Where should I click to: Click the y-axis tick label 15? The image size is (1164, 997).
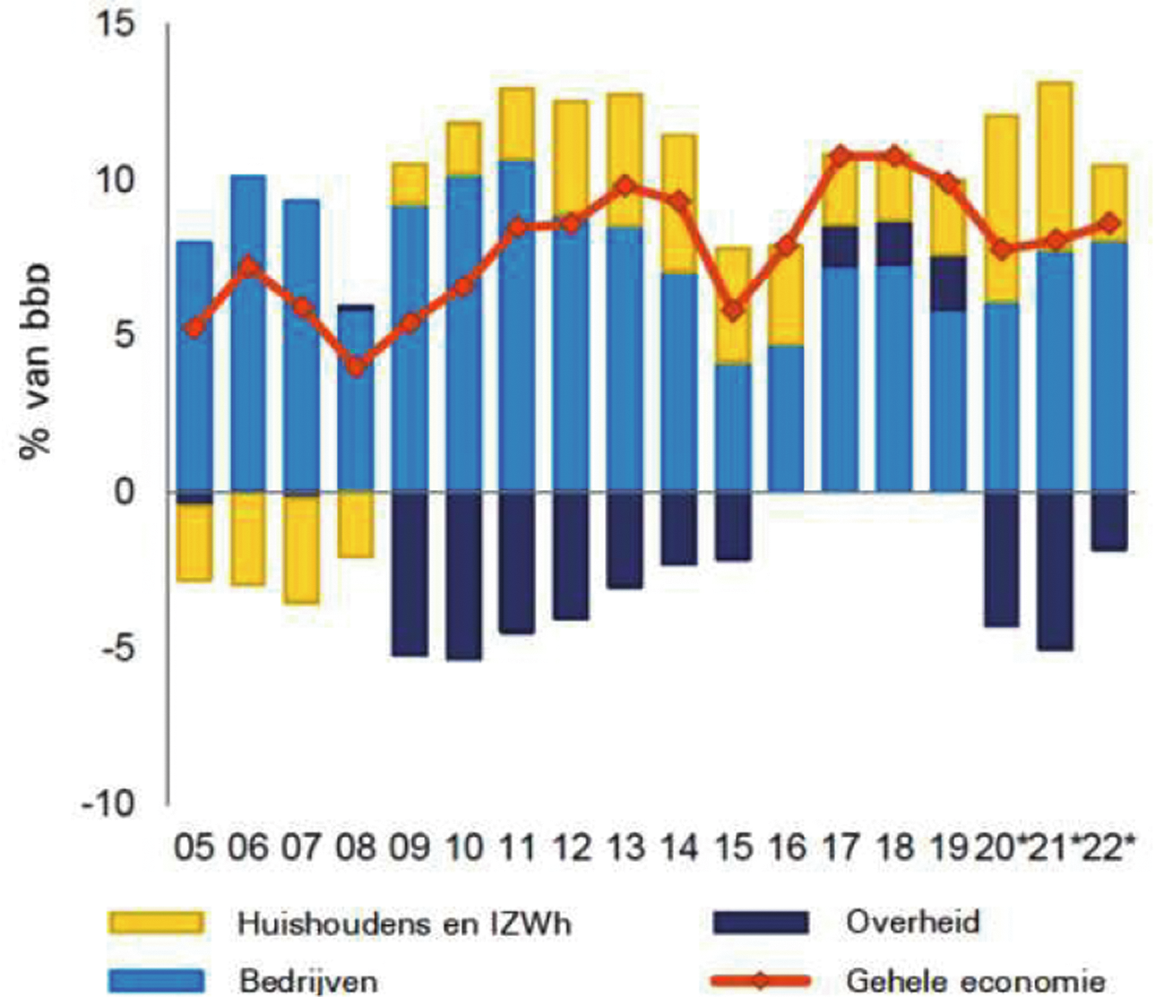114,23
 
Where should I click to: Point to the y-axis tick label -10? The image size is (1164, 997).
108,804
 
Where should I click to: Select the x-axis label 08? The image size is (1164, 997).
357,847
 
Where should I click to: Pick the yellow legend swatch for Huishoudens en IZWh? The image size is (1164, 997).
155,923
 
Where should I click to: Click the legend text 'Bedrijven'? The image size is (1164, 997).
307,979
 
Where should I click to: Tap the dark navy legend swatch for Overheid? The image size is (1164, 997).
761,923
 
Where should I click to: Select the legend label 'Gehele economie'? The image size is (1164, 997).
975,979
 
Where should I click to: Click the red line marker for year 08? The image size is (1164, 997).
357,366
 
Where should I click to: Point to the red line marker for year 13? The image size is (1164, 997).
625,186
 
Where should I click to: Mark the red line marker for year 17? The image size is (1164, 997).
841,157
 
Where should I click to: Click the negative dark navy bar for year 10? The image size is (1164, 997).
464,576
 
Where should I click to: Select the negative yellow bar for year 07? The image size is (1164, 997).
302,549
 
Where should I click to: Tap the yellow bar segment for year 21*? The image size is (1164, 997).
1056,168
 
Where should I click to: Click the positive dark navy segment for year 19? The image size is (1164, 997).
948,283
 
